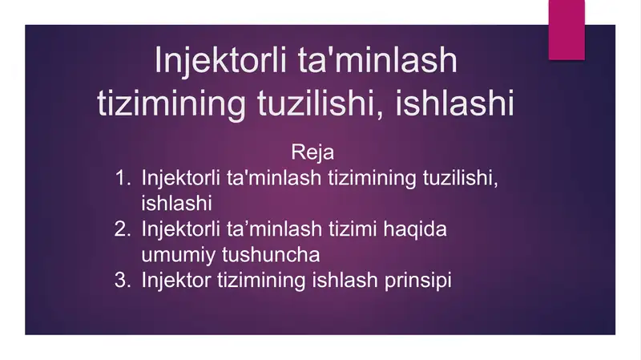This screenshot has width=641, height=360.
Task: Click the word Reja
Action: click(x=312, y=152)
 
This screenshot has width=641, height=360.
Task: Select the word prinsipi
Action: click(x=421, y=281)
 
